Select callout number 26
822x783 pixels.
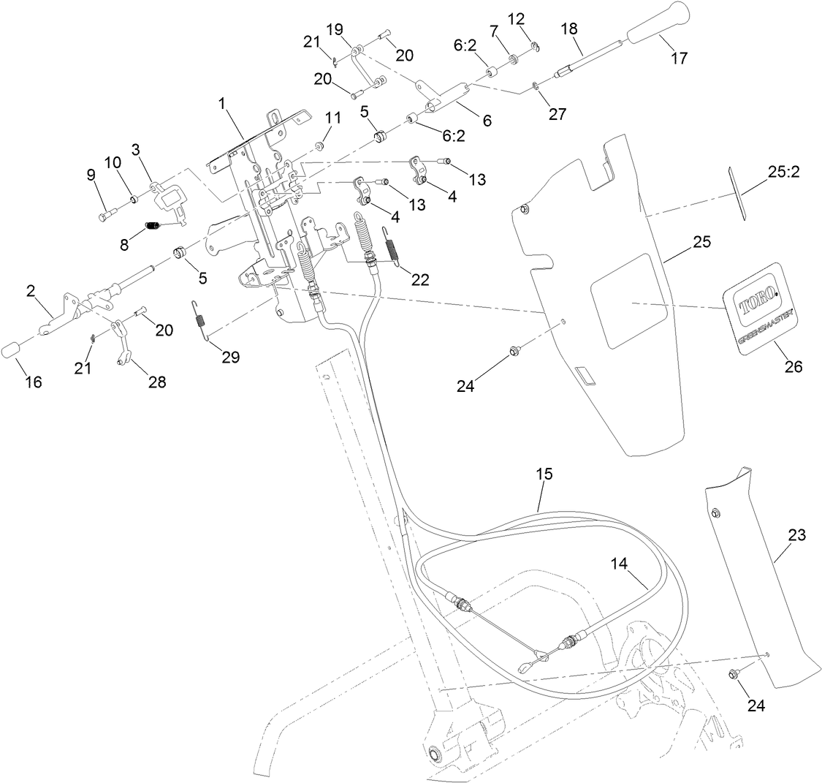(x=792, y=366)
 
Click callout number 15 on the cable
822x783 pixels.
(x=544, y=474)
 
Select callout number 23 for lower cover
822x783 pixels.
(x=796, y=535)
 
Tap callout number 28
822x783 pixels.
(x=157, y=381)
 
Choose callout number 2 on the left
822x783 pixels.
(x=31, y=292)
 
